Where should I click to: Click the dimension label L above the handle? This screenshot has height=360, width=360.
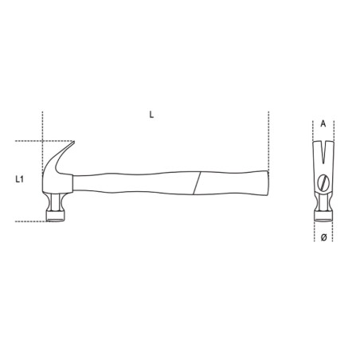[x=151, y=115]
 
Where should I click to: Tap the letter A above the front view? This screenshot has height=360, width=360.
[x=323, y=124]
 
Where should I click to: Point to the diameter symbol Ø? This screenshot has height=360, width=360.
[x=323, y=238]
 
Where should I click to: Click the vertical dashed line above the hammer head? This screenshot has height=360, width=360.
[x=39, y=127]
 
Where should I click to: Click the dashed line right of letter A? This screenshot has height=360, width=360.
[x=333, y=127]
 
